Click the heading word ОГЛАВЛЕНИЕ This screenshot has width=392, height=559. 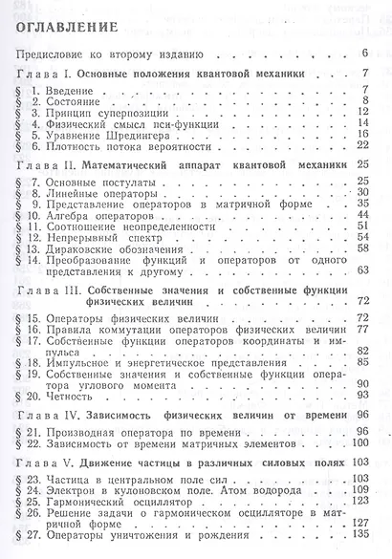click(x=69, y=27)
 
